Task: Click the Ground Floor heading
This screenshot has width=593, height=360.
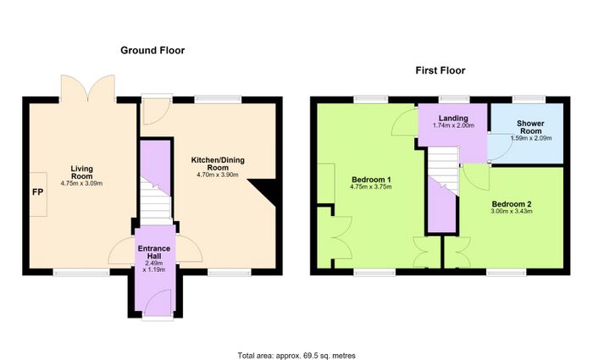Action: pyautogui.click(x=152, y=50)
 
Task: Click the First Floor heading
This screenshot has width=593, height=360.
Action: pyautogui.click(x=441, y=70)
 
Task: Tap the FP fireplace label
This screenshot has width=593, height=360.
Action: pyautogui.click(x=38, y=192)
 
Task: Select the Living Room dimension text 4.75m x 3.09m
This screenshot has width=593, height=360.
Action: pyautogui.click(x=81, y=184)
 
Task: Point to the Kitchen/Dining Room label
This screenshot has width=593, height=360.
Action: pyautogui.click(x=218, y=163)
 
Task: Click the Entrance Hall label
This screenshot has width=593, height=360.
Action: pyautogui.click(x=154, y=252)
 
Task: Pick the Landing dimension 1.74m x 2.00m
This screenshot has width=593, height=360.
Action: pyautogui.click(x=453, y=125)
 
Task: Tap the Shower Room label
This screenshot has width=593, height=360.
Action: pyautogui.click(x=530, y=127)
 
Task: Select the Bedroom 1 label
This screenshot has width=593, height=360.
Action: pyautogui.click(x=371, y=180)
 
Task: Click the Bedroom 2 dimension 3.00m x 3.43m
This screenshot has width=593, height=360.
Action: pyautogui.click(x=512, y=211)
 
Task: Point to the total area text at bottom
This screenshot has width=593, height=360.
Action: pyautogui.click(x=296, y=356)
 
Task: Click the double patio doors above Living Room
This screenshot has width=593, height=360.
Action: pyautogui.click(x=88, y=88)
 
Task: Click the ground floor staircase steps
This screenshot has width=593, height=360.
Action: pyautogui.click(x=156, y=203)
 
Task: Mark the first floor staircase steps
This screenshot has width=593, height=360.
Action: pyautogui.click(x=443, y=169)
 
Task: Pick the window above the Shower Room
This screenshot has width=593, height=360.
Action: pyautogui.click(x=529, y=99)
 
